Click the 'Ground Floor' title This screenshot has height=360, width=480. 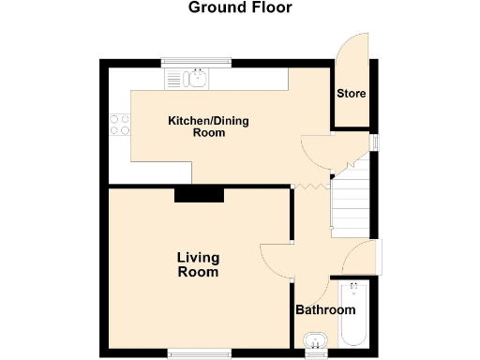(240, 8)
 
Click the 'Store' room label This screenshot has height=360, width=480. (352, 94)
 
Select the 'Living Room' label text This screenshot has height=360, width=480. (198, 264)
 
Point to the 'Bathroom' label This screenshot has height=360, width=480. (325, 310)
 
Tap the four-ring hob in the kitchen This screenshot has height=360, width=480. (119, 124)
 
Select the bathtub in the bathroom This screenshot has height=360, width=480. (355, 319)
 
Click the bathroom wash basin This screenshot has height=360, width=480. (316, 340)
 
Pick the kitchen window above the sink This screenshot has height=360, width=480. (196, 62)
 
